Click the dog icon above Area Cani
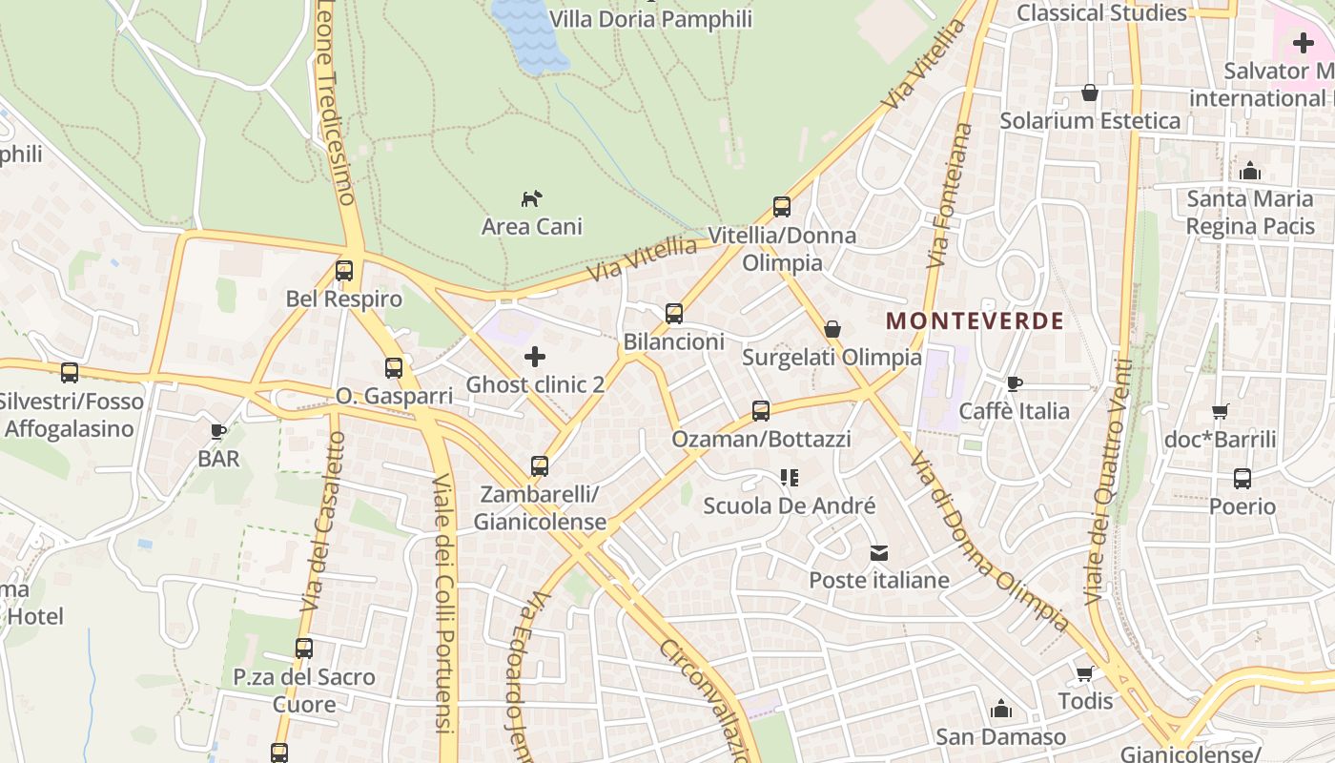pyautogui.click(x=531, y=198)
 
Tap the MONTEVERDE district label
pyautogui.click(x=975, y=320)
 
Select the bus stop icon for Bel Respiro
pyautogui.click(x=344, y=271)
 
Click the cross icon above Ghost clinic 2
pyautogui.click(x=535, y=357)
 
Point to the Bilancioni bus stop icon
pyautogui.click(x=674, y=314)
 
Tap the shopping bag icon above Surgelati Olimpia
pyautogui.click(x=832, y=329)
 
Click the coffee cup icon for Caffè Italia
pyautogui.click(x=1015, y=383)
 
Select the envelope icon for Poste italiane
pyautogui.click(x=878, y=552)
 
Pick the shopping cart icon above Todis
pyautogui.click(x=1085, y=673)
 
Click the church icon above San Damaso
pyautogui.click(x=1000, y=709)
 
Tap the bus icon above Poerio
pyautogui.click(x=1243, y=479)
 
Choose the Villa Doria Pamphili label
pyautogui.click(x=650, y=19)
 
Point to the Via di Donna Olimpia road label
pyautogui.click(x=988, y=541)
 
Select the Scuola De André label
pyautogui.click(x=789, y=505)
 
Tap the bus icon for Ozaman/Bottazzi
pyautogui.click(x=761, y=411)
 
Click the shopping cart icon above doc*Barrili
pyautogui.click(x=1220, y=412)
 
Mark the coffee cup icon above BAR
pyautogui.click(x=218, y=431)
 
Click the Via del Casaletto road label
pyautogui.click(x=322, y=523)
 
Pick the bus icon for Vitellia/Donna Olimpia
pyautogui.click(x=782, y=207)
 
